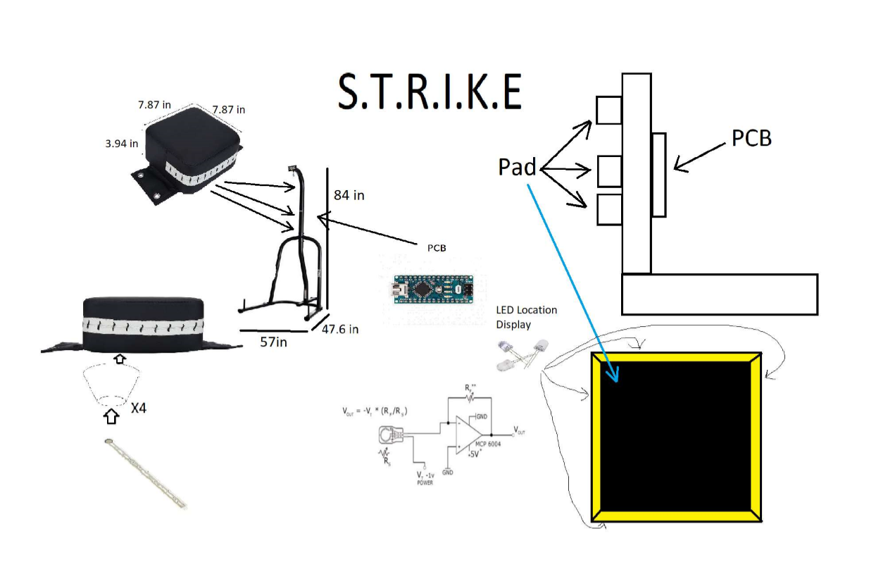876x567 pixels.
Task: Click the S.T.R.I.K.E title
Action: click(x=430, y=91)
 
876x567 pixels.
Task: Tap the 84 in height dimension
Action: click(x=349, y=194)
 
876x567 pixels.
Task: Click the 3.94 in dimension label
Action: click(x=122, y=143)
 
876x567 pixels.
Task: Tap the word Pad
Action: click(x=517, y=167)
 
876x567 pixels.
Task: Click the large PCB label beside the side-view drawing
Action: click(x=751, y=138)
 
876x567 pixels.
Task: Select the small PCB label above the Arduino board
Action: click(x=437, y=248)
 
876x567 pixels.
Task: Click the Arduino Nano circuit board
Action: click(x=429, y=289)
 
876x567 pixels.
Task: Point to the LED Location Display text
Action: click(x=526, y=317)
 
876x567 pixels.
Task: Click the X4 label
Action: click(x=139, y=407)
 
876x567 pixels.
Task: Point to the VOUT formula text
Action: click(x=376, y=411)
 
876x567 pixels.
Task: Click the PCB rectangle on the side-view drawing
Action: click(x=659, y=175)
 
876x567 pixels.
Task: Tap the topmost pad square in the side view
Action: click(x=608, y=109)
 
